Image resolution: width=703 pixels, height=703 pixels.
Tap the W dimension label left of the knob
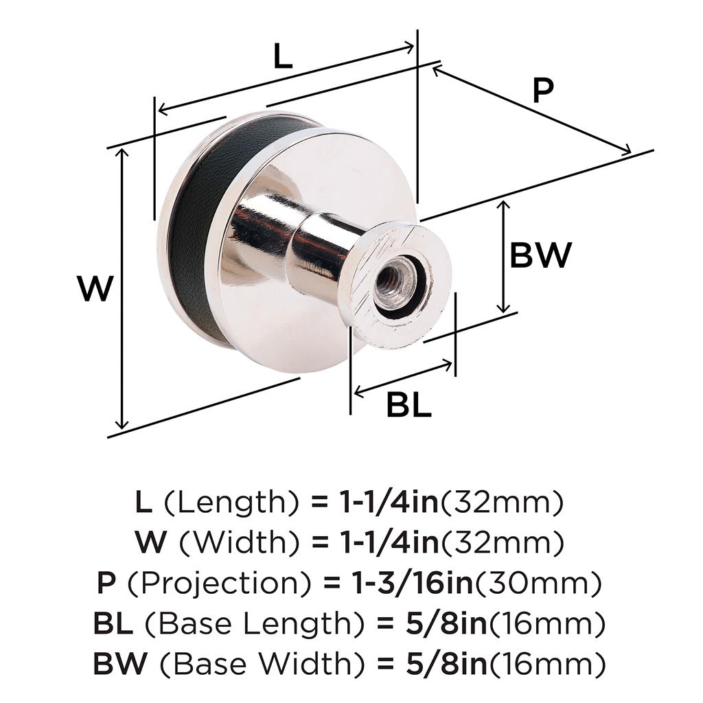[x=95, y=288]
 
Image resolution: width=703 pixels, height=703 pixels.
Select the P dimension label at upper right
[x=543, y=91]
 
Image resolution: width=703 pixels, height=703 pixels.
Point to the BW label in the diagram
[x=541, y=255]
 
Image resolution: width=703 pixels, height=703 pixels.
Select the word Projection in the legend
[x=220, y=583]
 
